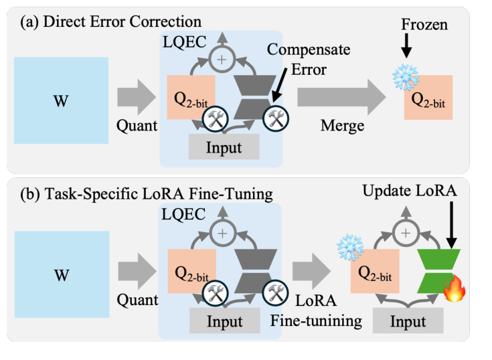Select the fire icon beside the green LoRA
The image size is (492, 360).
(454, 290)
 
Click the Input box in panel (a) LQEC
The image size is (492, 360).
(223, 146)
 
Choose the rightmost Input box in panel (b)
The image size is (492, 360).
(408, 321)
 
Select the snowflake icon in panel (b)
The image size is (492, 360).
(348, 246)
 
